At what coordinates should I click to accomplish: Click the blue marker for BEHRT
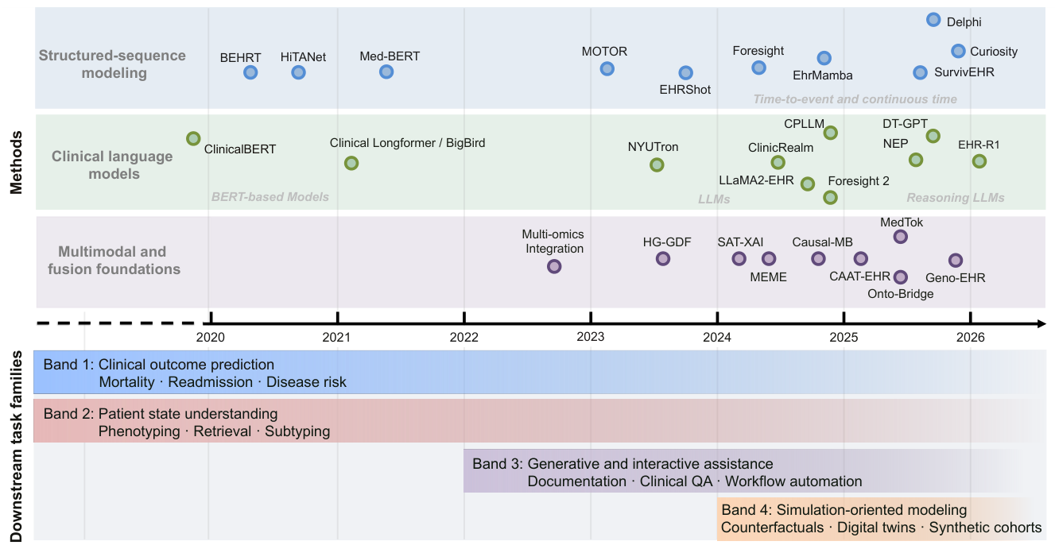pyautogui.click(x=250, y=72)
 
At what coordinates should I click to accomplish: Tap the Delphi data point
pyautogui.click(x=933, y=20)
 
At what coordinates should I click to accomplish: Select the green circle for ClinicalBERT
pyautogui.click(x=193, y=138)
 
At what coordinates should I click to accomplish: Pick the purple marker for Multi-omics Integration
pyautogui.click(x=554, y=266)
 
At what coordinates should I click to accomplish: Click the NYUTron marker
pyautogui.click(x=657, y=164)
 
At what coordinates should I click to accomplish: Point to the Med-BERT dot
pyautogui.click(x=386, y=72)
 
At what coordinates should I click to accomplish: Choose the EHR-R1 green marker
pyautogui.click(x=979, y=161)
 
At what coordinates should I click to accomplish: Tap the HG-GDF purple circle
pyautogui.click(x=663, y=258)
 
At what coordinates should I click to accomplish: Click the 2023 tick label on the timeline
pyautogui.click(x=590, y=337)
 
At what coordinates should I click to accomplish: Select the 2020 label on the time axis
pyautogui.click(x=211, y=337)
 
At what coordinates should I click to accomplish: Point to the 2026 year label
pyautogui.click(x=970, y=337)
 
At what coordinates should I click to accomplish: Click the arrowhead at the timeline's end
pyautogui.click(x=1041, y=323)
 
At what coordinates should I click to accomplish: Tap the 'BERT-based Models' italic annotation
pyautogui.click(x=270, y=197)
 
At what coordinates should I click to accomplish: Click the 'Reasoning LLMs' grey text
pyautogui.click(x=956, y=198)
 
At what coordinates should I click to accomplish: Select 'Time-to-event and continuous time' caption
pyautogui.click(x=855, y=99)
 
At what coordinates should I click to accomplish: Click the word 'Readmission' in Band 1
pyautogui.click(x=210, y=382)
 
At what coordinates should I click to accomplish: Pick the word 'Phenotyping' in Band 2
pyautogui.click(x=139, y=431)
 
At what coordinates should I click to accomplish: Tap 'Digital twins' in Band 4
pyautogui.click(x=876, y=528)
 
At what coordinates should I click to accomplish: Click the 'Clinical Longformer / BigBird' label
pyautogui.click(x=407, y=143)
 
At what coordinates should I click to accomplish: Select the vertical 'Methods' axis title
pyautogui.click(x=17, y=162)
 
